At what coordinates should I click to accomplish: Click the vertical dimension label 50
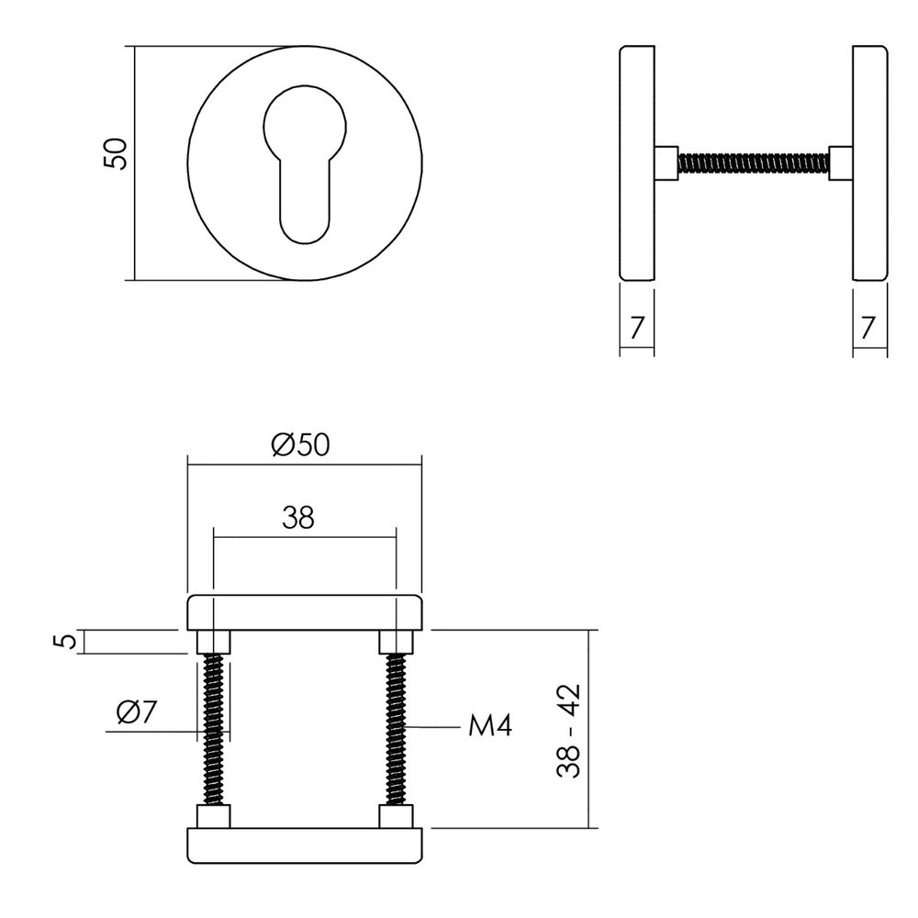115,153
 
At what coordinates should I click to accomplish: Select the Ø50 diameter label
300,445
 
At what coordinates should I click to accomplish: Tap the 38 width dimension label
298,519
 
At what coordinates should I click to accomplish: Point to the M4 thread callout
489,727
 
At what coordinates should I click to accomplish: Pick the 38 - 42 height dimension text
570,731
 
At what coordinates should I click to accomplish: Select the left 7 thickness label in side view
636,325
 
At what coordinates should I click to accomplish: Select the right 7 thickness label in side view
869,325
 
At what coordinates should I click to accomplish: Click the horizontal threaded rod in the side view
753,163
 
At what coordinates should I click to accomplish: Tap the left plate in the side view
637,162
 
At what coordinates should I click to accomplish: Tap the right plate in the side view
869,162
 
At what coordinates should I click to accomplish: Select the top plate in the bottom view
304,612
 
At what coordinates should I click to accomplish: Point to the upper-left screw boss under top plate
213,642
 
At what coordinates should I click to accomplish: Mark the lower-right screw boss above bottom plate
396,816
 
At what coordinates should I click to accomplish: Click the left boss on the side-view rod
666,163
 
